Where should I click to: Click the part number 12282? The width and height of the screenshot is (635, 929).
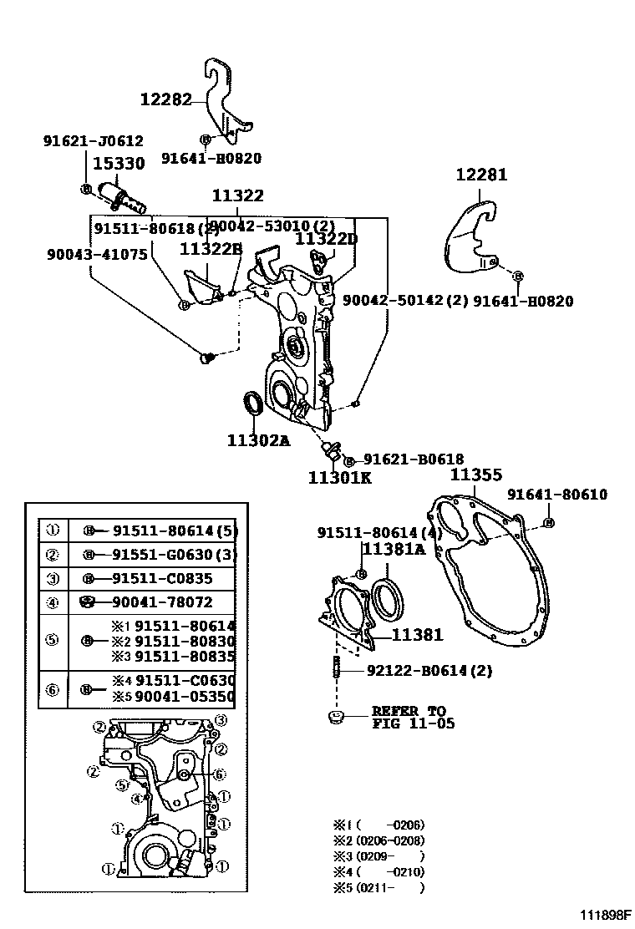click(166, 99)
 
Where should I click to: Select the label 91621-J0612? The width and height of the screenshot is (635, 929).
click(93, 141)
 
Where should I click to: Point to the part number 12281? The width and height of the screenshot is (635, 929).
click(481, 175)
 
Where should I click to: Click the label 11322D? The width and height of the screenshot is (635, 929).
click(326, 239)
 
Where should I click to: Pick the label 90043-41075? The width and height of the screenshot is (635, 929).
click(97, 253)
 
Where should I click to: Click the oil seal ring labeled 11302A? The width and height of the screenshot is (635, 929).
click(251, 403)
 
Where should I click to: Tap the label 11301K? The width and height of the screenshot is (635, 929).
click(339, 478)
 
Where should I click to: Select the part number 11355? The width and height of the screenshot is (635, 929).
click(476, 475)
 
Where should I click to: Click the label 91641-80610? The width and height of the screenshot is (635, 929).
click(556, 495)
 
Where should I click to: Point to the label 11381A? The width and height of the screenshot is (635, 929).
click(393, 549)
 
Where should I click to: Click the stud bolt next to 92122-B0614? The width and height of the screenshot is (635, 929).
click(338, 669)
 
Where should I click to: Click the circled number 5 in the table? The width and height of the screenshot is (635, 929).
click(52, 641)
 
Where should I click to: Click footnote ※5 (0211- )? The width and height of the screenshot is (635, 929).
click(379, 888)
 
